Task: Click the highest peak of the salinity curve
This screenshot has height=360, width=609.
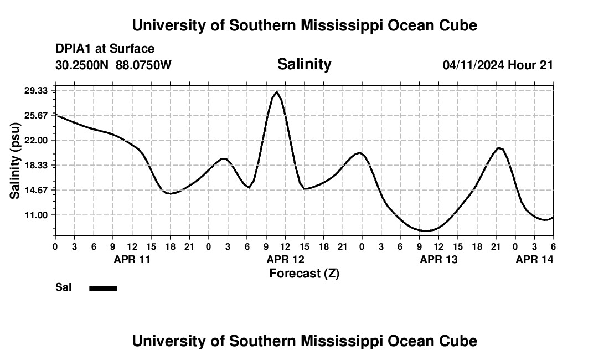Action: (x=277, y=91)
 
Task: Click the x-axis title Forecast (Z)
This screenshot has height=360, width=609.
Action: (x=304, y=273)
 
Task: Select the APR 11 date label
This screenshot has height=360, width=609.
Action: (x=132, y=259)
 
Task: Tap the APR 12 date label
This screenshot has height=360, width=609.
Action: (x=285, y=259)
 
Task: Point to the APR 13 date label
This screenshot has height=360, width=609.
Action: (x=438, y=259)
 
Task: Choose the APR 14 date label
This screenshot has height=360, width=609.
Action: (x=534, y=259)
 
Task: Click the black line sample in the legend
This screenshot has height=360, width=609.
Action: (x=103, y=288)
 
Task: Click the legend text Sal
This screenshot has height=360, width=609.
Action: (x=63, y=287)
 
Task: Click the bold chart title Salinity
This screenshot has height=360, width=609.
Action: (x=304, y=64)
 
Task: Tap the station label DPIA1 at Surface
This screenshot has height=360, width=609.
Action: (x=105, y=49)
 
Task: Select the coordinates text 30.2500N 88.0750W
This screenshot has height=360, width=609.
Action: (x=113, y=65)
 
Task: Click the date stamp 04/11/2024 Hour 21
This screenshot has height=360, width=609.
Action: (x=498, y=65)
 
